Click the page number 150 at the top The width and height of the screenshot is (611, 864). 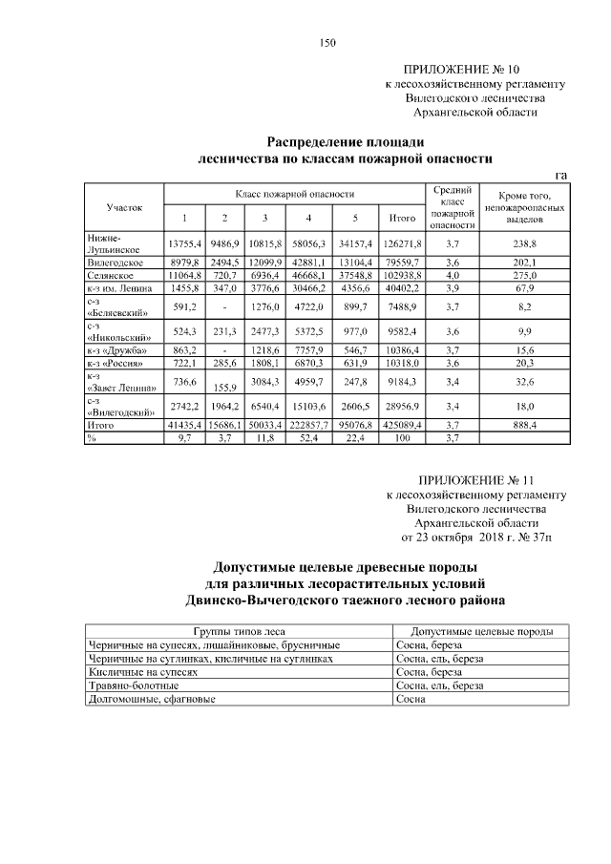pyautogui.click(x=327, y=42)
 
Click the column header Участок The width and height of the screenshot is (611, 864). pyautogui.click(x=124, y=205)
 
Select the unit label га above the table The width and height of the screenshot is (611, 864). pyautogui.click(x=560, y=175)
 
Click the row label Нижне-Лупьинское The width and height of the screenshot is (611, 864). pyautogui.click(x=112, y=242)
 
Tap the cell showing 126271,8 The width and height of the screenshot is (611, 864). pyautogui.click(x=395, y=243)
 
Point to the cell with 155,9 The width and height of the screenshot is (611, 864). pyautogui.click(x=222, y=387)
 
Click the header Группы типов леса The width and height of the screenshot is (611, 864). pyautogui.click(x=239, y=632)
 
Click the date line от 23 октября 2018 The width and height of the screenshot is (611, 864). pyautogui.click(x=474, y=537)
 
